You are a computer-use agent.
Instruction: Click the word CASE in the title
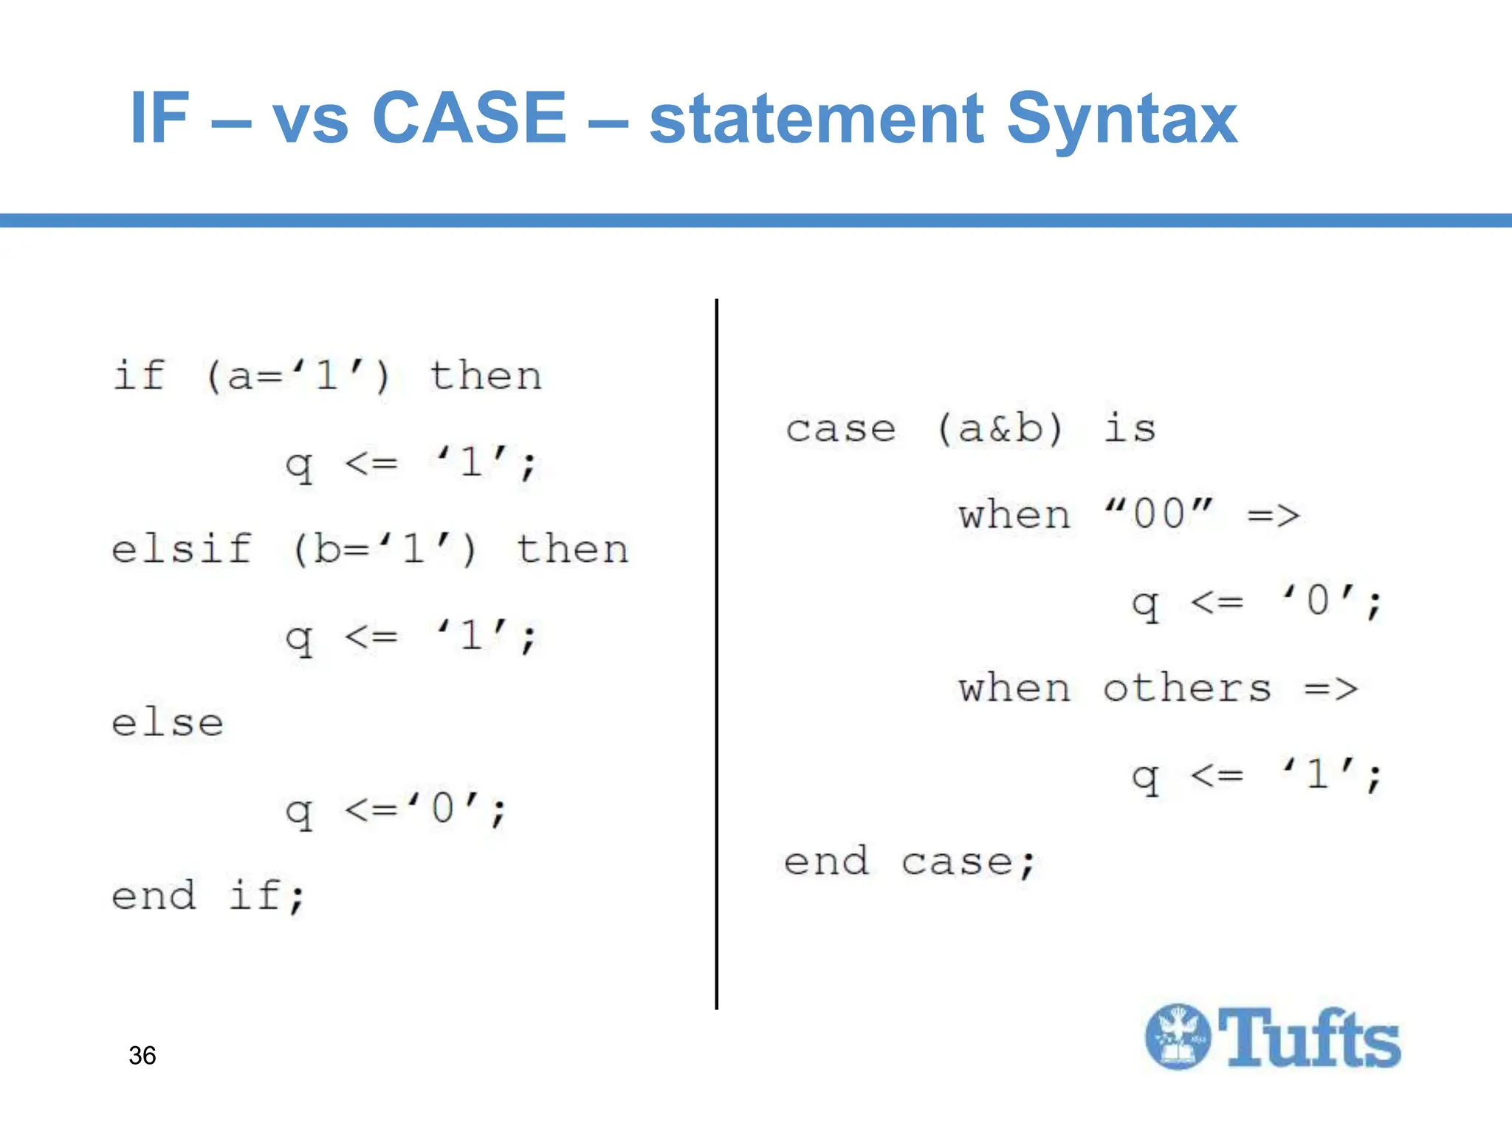470,117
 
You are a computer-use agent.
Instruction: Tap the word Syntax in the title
1121,120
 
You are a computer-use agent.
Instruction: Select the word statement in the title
816,120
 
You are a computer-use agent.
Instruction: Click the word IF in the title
159,117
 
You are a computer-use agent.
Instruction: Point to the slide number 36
142,1055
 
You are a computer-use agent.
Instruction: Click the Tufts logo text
1309,1038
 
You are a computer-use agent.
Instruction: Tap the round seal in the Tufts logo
1178,1037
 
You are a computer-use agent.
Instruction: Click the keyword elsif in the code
182,549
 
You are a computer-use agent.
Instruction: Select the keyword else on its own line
168,723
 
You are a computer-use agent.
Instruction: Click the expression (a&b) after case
1000,428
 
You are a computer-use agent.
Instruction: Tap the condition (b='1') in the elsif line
385,549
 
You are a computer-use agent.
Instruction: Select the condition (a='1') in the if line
298,376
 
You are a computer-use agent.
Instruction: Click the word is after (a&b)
1130,428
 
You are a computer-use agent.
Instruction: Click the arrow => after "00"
1274,515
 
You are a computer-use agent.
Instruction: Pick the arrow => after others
1330,690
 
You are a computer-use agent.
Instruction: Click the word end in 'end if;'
154,896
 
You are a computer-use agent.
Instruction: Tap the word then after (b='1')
572,549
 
